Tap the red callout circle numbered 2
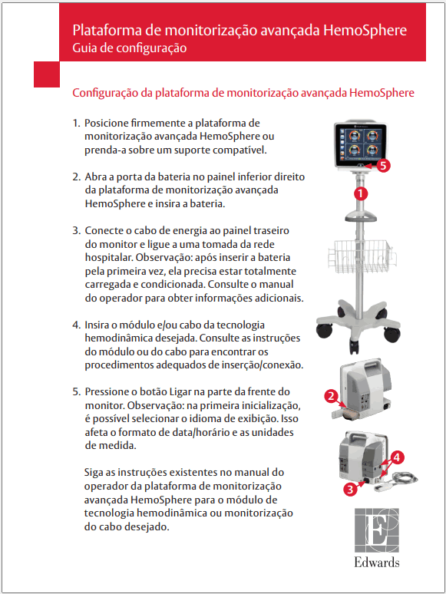331,397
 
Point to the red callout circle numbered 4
396,458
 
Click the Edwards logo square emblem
377,530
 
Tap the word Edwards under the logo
377,563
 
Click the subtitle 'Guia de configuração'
129,48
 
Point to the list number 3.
76,230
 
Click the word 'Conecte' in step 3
104,230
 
